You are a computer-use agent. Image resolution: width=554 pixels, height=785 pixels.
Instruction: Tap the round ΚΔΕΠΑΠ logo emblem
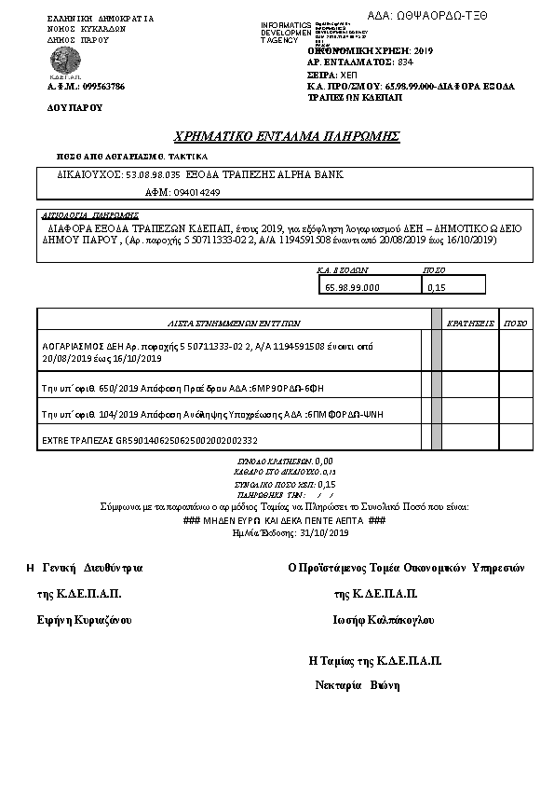point(63,62)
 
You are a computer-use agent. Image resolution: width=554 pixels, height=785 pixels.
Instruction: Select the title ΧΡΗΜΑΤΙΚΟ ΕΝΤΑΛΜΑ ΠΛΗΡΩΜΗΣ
point(287,137)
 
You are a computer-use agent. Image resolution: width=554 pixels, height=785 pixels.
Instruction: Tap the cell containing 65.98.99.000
point(353,287)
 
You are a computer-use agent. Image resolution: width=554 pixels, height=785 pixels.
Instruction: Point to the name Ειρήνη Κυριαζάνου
point(85,620)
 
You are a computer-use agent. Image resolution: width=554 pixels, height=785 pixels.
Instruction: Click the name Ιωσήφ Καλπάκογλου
point(383,620)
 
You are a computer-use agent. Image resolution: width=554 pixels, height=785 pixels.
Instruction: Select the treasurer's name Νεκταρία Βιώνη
point(358,685)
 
